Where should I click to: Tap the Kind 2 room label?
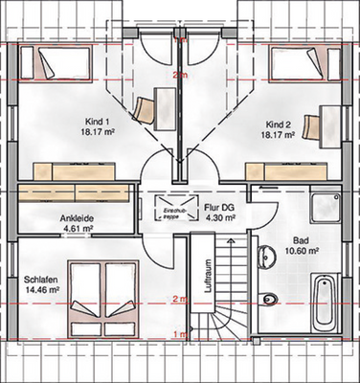pyautogui.click(x=278, y=124)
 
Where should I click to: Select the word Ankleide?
pyautogui.click(x=77, y=217)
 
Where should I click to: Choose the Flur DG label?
pyautogui.click(x=219, y=207)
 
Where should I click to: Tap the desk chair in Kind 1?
pyautogui.click(x=144, y=106)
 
